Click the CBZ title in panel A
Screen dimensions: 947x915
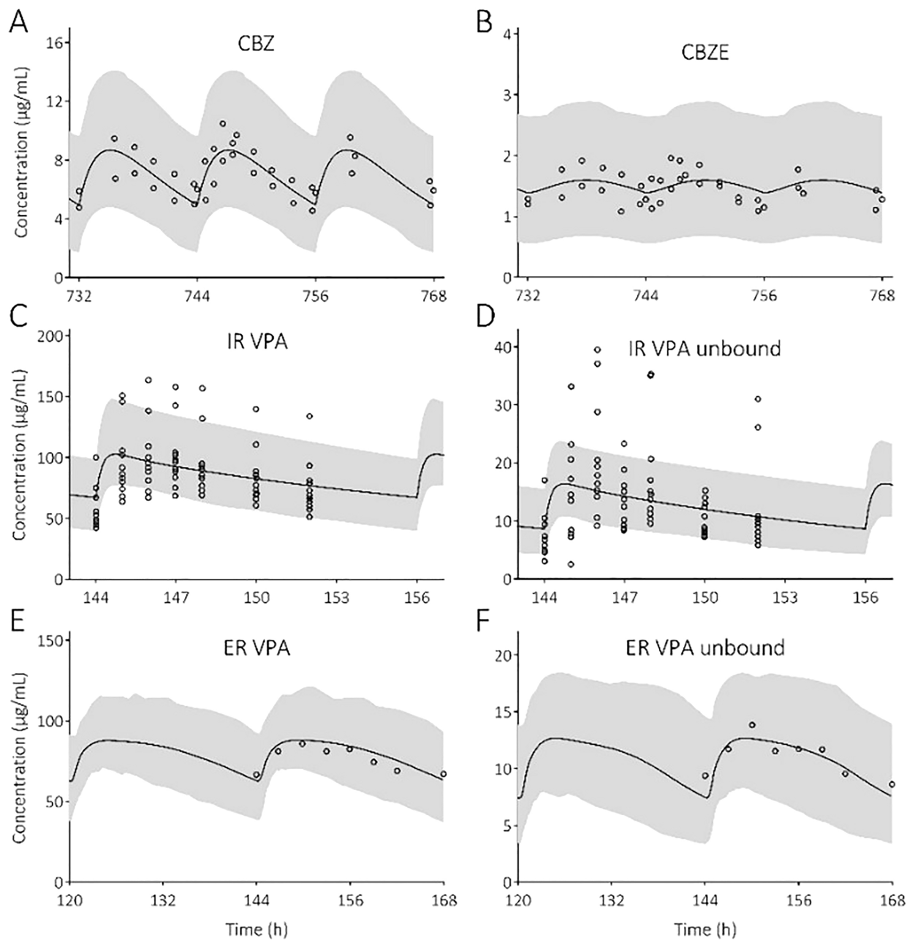pyautogui.click(x=256, y=45)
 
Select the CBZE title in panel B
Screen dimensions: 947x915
pyautogui.click(x=705, y=53)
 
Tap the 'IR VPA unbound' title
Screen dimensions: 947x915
pyautogui.click(x=705, y=348)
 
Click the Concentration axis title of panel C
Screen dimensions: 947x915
pyautogui.click(x=20, y=454)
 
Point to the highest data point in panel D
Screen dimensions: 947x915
pyautogui.click(x=598, y=350)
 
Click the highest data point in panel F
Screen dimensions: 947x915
pyautogui.click(x=751, y=725)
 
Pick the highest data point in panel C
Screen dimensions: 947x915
pyautogui.click(x=148, y=380)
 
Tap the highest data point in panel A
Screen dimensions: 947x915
pyautogui.click(x=222, y=124)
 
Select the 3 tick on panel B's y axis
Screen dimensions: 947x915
pyautogui.click(x=508, y=94)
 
